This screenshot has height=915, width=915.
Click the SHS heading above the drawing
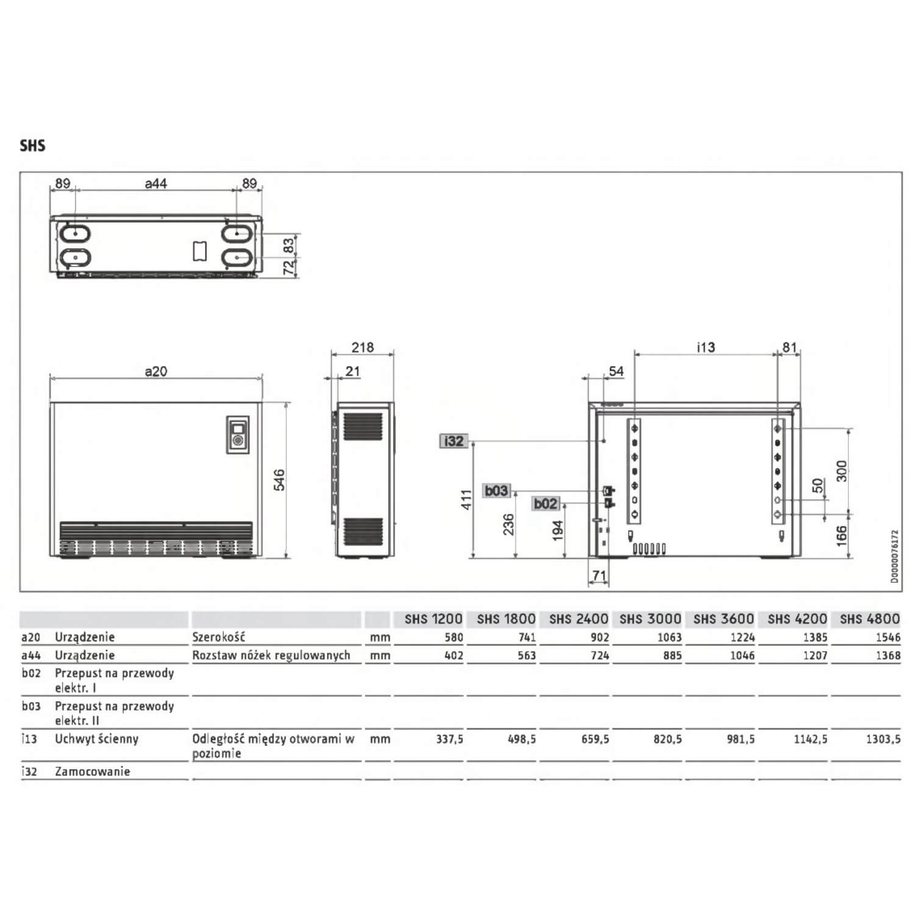click(x=32, y=146)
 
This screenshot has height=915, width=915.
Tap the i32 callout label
click(x=454, y=441)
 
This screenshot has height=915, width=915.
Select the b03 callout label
click(x=496, y=490)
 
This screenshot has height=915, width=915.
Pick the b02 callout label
click(x=545, y=503)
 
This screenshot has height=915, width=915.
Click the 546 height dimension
click(x=279, y=480)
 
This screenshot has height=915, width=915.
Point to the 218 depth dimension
click(x=362, y=347)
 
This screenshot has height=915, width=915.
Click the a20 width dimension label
click(x=156, y=371)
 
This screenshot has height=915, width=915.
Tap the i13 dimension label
click(x=705, y=347)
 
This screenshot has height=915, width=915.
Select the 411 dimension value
click(x=467, y=500)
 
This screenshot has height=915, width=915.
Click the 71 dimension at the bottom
click(x=599, y=575)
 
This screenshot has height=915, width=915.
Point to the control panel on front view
click(x=238, y=434)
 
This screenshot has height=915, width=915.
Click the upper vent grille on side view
click(x=363, y=426)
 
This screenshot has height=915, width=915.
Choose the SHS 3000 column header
click(x=650, y=619)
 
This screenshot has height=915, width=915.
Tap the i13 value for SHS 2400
click(x=595, y=739)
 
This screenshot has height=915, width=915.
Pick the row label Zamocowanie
click(x=92, y=772)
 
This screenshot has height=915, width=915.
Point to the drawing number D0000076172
click(x=894, y=557)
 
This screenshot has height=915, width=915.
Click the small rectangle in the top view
click(x=199, y=251)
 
